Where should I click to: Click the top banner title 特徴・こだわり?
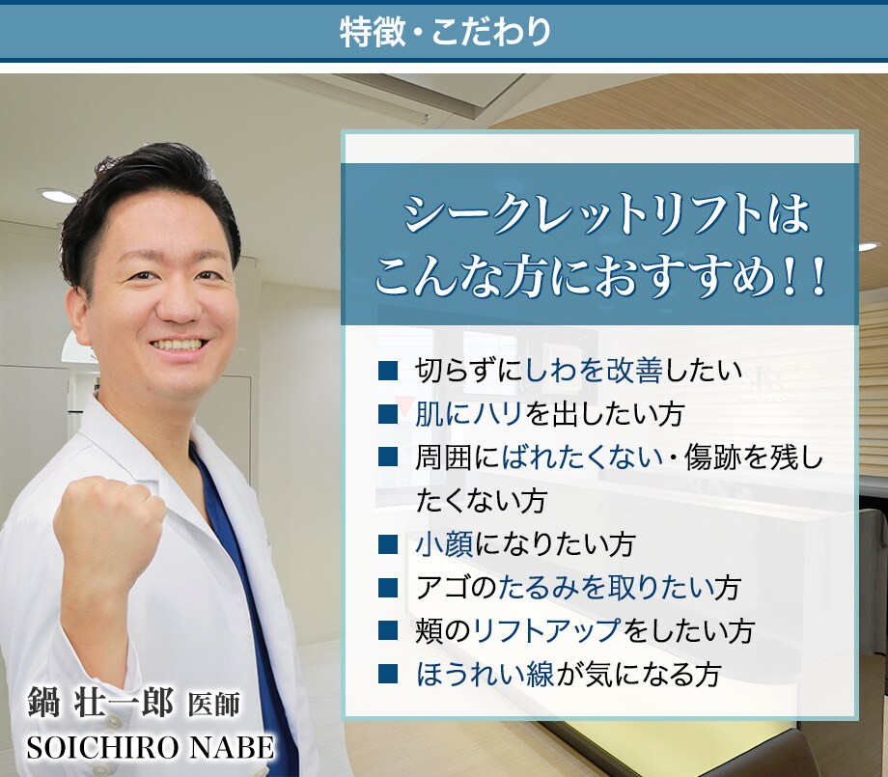[x=445, y=31]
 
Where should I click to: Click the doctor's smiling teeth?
[x=178, y=345]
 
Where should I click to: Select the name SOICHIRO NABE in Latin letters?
[x=151, y=747]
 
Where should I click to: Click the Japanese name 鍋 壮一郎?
[x=100, y=704]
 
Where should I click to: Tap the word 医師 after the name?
[x=214, y=705]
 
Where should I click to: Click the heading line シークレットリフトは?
[x=606, y=214]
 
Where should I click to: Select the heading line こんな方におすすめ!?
[x=599, y=278]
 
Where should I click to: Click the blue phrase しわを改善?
[x=594, y=371]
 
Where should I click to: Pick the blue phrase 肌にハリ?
[x=468, y=414]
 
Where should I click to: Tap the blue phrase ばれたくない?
[x=582, y=458]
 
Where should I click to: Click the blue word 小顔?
[x=445, y=544]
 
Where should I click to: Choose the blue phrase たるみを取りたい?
[x=606, y=587]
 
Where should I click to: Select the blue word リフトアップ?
[x=547, y=631]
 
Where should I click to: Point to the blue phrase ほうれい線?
[x=485, y=675]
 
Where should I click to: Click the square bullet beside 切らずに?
[x=388, y=371]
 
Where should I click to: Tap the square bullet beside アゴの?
[x=388, y=587]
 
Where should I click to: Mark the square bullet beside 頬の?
[x=388, y=630]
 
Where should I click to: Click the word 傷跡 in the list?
[x=712, y=458]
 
